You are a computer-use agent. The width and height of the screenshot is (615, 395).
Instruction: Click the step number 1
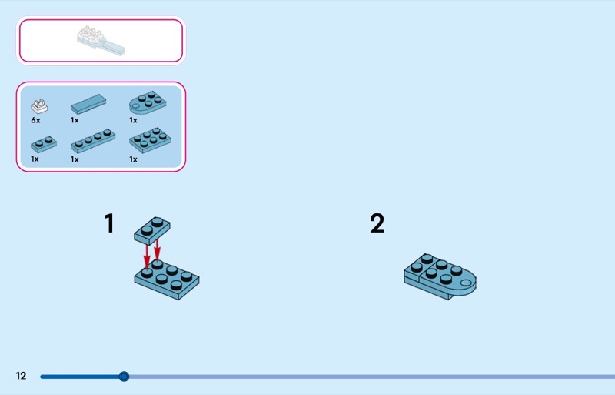click(x=109, y=223)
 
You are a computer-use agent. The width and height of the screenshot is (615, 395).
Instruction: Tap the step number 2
click(x=377, y=223)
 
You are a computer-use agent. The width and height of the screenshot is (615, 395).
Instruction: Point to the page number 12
click(x=21, y=376)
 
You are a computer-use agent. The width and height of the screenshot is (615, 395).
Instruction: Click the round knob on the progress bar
click(x=124, y=377)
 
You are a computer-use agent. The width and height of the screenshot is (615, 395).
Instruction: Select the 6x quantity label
click(x=35, y=121)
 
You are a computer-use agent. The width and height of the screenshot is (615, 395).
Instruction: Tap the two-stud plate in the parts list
click(x=43, y=143)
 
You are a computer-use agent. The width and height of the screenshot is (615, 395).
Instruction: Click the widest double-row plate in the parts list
click(x=150, y=142)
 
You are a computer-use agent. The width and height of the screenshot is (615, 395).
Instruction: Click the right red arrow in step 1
click(x=158, y=248)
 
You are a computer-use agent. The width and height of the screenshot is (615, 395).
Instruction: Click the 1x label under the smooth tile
click(x=75, y=121)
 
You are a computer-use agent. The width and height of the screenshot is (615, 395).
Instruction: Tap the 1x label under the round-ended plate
click(x=133, y=121)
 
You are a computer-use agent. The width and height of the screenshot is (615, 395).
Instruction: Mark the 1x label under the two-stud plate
click(x=35, y=159)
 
